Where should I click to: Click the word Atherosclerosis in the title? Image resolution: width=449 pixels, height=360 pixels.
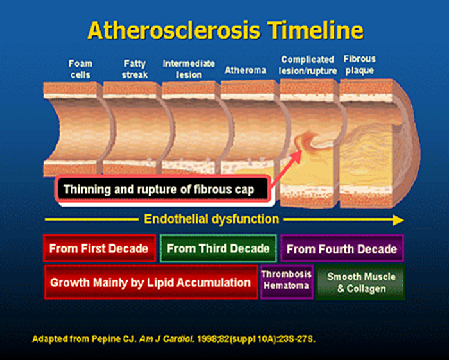click(174, 30)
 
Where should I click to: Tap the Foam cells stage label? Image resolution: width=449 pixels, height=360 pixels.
click(80, 69)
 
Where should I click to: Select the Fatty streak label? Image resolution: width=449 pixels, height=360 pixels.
click(135, 69)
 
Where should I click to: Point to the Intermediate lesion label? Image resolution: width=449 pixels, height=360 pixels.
click(189, 69)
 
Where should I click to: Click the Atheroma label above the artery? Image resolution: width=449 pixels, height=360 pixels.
click(246, 70)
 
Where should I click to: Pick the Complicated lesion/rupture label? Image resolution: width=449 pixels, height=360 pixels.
click(308, 65)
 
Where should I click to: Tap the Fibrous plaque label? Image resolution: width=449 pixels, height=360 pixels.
click(359, 65)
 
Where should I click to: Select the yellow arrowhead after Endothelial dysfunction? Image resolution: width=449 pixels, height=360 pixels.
click(398, 220)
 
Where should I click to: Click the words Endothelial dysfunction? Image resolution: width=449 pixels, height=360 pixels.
click(211, 219)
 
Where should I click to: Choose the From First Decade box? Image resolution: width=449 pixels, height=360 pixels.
click(99, 248)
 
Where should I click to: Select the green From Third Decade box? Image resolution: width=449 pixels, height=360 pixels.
click(218, 248)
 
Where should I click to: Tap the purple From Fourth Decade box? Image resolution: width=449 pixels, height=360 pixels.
click(342, 248)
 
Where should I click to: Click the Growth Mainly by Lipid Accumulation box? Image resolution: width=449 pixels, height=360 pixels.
click(151, 282)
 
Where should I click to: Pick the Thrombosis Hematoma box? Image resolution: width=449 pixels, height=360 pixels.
click(287, 282)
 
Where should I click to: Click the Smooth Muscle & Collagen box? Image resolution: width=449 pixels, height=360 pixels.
click(361, 282)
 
